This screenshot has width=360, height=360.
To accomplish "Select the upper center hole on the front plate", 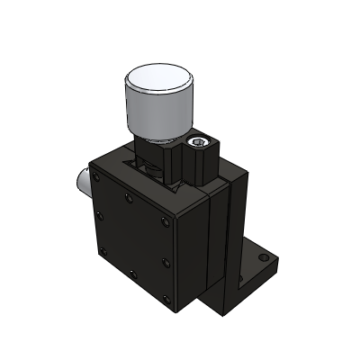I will (129, 198).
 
